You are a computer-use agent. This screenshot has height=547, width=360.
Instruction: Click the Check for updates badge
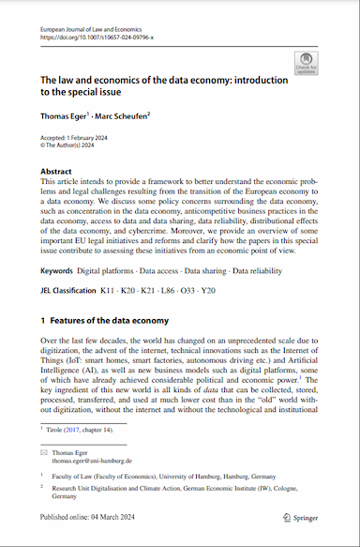click(x=306, y=62)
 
